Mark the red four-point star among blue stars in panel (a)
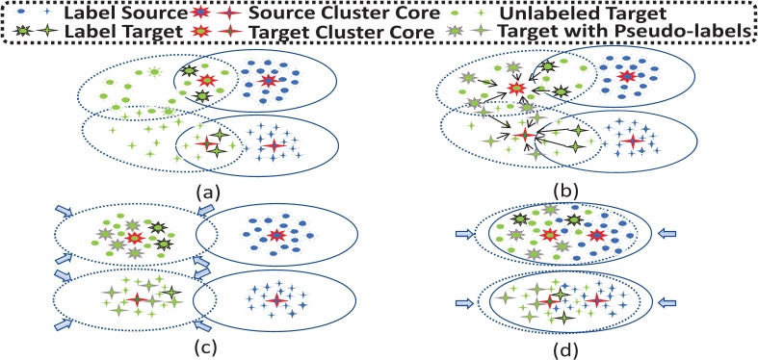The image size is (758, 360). coord(274,145)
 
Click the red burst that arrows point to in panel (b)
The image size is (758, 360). coord(518,90)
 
